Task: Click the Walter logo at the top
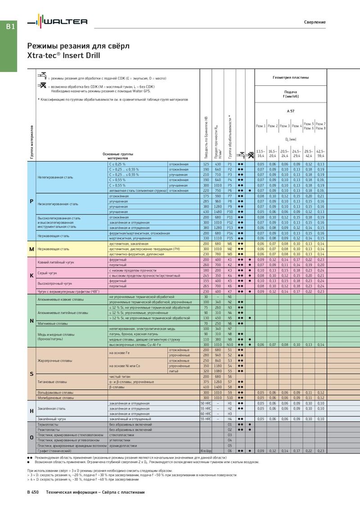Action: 57,22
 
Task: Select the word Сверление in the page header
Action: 315,22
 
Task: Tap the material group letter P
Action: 31,201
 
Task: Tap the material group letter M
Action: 31,249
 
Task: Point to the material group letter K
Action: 31,275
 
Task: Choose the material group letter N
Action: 31,321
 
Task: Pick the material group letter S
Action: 31,374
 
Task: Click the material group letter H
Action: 31,411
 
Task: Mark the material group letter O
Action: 31,437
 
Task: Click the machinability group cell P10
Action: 229,212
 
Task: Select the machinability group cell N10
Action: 229,344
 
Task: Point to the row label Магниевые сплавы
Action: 52,323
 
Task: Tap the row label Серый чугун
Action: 47,273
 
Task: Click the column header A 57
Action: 290,110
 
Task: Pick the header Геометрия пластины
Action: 290,77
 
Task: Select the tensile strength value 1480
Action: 218,212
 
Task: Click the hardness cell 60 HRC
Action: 206,414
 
